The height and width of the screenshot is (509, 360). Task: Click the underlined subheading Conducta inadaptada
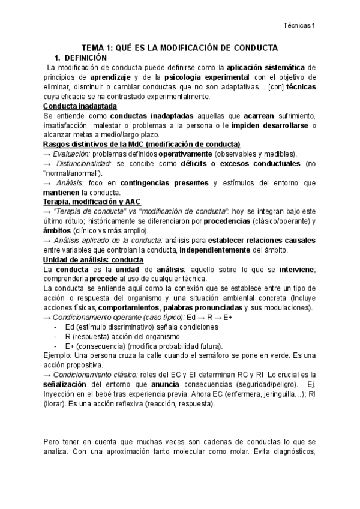(x=76, y=106)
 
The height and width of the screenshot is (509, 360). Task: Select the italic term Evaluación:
(x=73, y=154)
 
